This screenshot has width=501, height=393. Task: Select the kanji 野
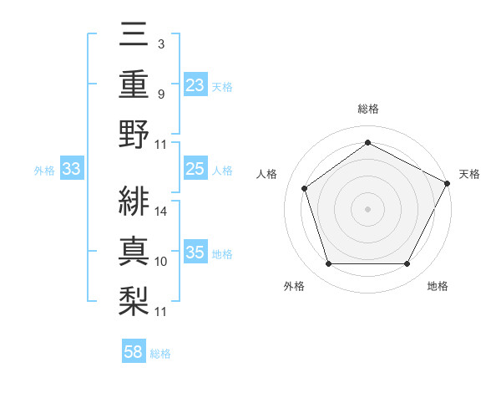pyautogui.click(x=134, y=134)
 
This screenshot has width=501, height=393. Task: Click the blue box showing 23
pyautogui.click(x=195, y=85)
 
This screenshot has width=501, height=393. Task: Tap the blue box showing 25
pyautogui.click(x=195, y=170)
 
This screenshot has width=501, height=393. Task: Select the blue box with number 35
pyautogui.click(x=195, y=253)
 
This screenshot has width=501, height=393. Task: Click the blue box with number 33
pyautogui.click(x=71, y=170)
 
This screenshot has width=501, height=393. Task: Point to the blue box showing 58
pyautogui.click(x=134, y=353)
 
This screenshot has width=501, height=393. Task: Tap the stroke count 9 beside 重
pyautogui.click(x=160, y=94)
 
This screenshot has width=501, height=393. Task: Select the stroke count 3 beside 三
pyautogui.click(x=160, y=43)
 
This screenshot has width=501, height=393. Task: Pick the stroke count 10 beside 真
pyautogui.click(x=161, y=262)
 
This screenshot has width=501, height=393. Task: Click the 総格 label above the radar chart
pyautogui.click(x=367, y=109)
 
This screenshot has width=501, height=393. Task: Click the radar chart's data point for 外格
pyautogui.click(x=328, y=264)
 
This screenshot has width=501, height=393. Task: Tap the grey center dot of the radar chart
pyautogui.click(x=367, y=208)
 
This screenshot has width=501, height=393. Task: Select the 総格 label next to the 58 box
pyautogui.click(x=160, y=354)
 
